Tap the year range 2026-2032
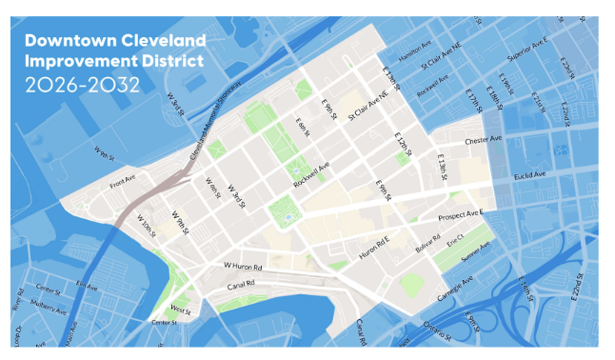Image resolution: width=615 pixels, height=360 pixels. point(83,84)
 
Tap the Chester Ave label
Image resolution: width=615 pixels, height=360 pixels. point(483,140)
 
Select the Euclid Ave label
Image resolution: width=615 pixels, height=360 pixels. point(526,175)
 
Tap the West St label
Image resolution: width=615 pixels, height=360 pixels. point(180,309)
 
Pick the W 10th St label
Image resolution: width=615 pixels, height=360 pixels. point(147,229)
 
